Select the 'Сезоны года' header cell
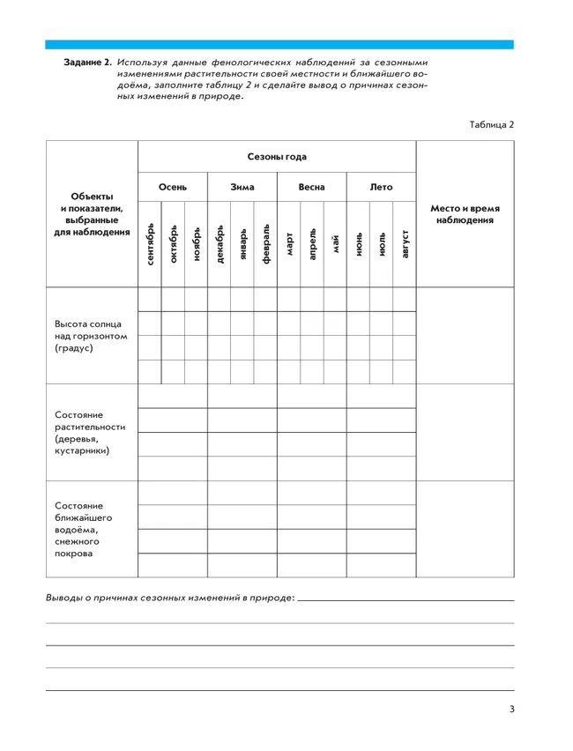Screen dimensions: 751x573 [277, 157]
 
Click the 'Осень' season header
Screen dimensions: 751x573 [173, 187]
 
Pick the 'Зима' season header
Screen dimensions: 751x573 [242, 187]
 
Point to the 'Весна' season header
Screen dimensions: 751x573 [311, 187]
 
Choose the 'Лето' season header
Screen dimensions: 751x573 [381, 187]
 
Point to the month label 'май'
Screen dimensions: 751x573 [335, 240]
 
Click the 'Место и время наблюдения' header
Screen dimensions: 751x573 [465, 214]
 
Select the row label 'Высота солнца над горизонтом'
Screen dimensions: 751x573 [91, 335]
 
